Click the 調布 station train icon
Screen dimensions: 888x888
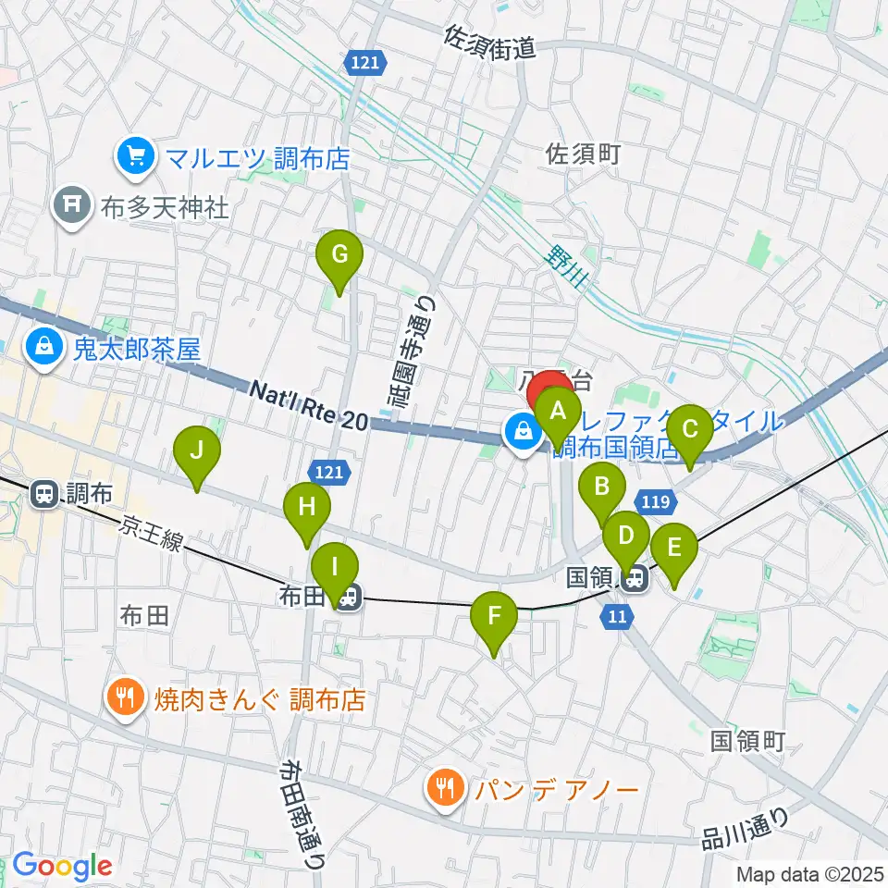pos(43,493)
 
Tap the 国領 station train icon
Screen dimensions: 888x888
pos(634,580)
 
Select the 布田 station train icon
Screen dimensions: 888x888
pos(347,599)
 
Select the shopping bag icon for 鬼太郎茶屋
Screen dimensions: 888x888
pos(43,349)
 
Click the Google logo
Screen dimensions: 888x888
pos(62,867)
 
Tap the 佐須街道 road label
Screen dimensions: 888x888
pos(489,43)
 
